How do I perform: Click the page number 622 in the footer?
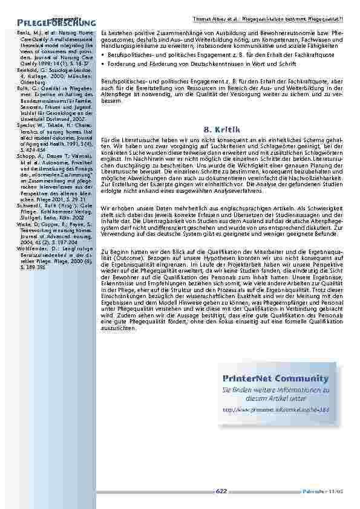[x=221, y=491]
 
